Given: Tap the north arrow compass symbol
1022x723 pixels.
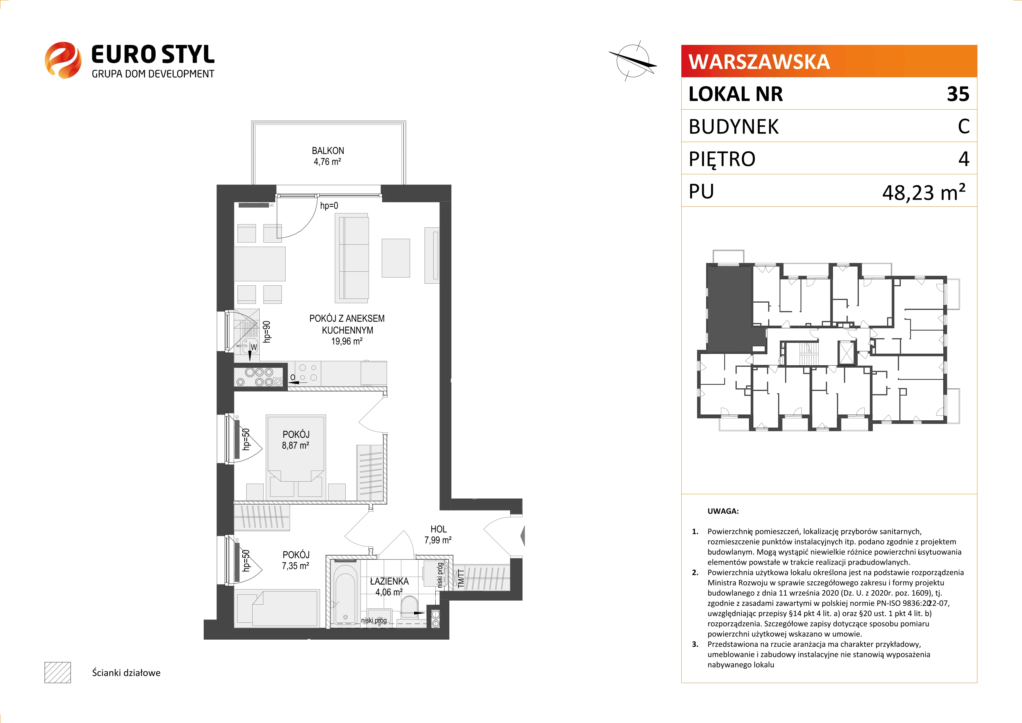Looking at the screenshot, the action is pos(632,61).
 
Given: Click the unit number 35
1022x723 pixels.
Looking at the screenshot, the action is pos(958,94).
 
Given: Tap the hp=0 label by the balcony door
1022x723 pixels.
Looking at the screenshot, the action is pos(329,206).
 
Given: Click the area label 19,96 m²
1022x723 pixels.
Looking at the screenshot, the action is pos(347,341).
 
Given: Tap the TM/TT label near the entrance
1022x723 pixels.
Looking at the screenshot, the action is pos(461,578).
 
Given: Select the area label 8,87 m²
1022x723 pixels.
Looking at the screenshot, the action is pos(295,445).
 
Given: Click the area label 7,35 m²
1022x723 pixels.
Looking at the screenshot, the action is pos(295,566).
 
